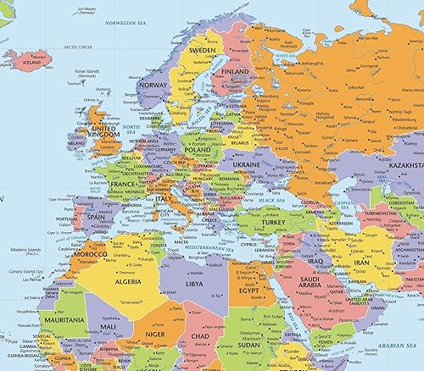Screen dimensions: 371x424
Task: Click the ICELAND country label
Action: [33, 61]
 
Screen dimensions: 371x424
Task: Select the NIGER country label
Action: [156, 333]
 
